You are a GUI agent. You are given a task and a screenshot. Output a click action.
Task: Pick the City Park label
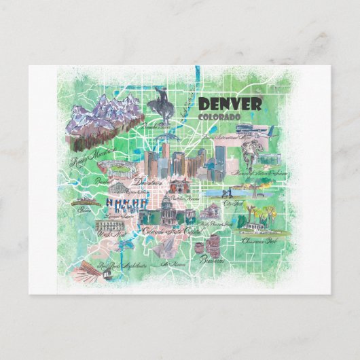(x=234, y=202)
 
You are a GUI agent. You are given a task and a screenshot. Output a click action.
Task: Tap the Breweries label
(x=213, y=258)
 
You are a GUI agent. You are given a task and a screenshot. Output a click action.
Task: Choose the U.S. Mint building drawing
(x=109, y=224)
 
